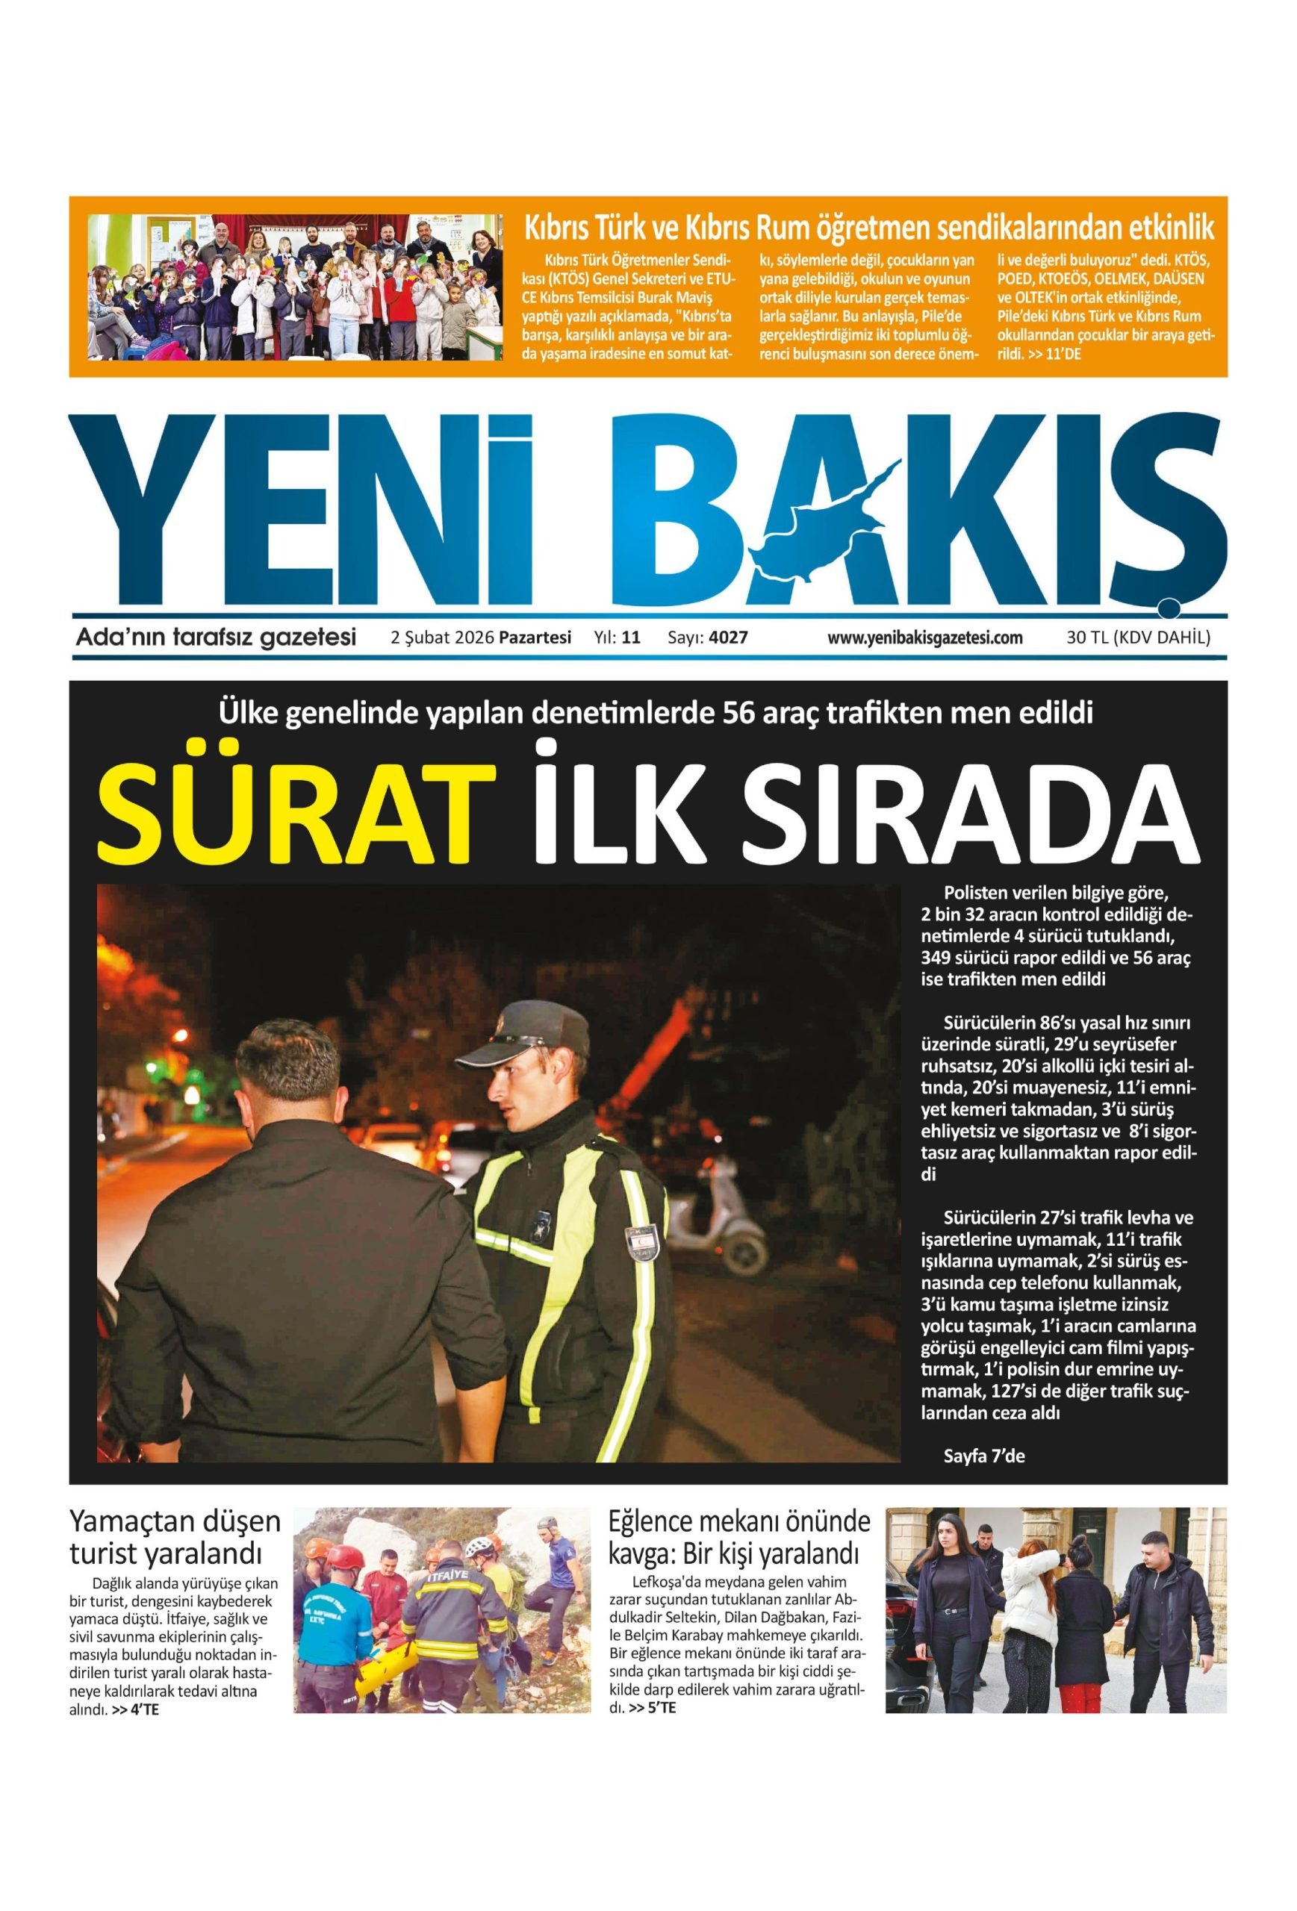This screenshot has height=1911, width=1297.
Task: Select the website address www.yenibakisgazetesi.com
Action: [924, 637]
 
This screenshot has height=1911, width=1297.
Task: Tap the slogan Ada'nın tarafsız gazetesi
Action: [216, 637]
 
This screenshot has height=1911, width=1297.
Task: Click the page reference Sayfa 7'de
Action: [983, 1456]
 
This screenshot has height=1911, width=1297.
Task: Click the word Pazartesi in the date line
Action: [535, 637]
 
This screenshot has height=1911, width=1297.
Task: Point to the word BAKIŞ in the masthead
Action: [921, 510]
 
